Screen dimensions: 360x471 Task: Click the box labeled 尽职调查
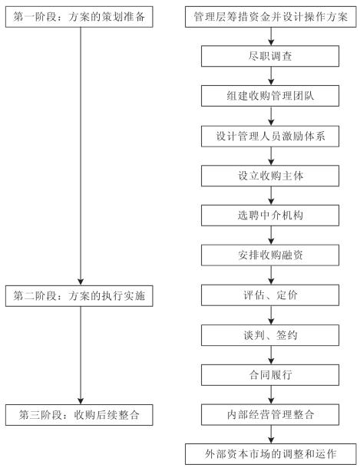(270, 56)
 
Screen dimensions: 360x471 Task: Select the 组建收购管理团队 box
(270, 96)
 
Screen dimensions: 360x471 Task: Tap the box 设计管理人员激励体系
(270, 137)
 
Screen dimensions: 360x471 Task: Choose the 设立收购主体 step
(270, 176)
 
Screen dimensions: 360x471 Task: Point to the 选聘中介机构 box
(270, 216)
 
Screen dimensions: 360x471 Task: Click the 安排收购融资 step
(270, 255)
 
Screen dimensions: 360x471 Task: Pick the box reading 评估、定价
(270, 295)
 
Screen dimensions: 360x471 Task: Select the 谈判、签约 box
(270, 335)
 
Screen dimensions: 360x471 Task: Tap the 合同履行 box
(270, 375)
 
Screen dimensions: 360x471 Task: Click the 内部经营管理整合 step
(270, 415)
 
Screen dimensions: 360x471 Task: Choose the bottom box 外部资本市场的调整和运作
(270, 454)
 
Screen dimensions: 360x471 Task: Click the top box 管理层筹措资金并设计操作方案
(270, 17)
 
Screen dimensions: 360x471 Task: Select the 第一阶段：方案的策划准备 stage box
(79, 17)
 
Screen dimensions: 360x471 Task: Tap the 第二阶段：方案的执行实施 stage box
(79, 296)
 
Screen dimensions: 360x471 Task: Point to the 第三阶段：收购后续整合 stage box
(79, 415)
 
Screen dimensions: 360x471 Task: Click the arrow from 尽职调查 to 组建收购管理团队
(271, 76)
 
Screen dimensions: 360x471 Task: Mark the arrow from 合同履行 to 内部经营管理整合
(271, 395)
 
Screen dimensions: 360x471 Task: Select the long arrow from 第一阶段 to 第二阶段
(81, 156)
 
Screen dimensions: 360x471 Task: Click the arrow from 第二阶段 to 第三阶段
(81, 355)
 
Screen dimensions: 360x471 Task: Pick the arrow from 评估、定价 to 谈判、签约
(271, 315)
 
